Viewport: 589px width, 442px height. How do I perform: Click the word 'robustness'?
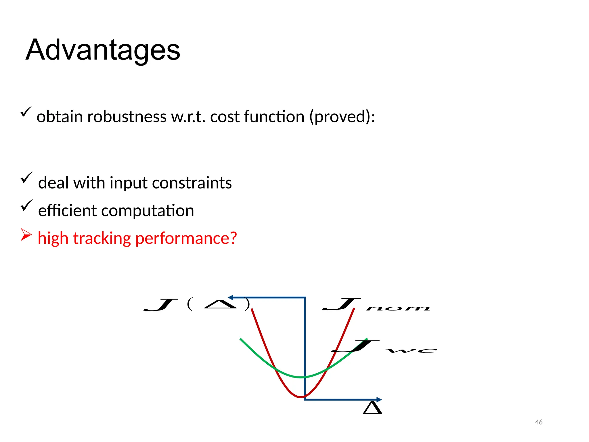tap(127, 117)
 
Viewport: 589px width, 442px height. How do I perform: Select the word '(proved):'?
tap(342, 117)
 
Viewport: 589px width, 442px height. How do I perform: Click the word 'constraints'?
tap(192, 183)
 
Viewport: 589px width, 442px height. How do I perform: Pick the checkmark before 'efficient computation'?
tap(26, 205)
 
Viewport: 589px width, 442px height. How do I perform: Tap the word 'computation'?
tap(148, 211)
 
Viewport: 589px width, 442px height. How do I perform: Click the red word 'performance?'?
tap(186, 238)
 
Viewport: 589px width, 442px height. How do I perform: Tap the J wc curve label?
tap(384, 347)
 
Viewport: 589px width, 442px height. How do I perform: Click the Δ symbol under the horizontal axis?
tap(372, 408)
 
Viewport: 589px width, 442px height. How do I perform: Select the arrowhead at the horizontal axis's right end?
tap(379, 399)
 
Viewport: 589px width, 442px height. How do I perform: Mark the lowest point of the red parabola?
tap(301, 397)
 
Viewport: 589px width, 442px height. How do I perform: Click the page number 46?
tap(539, 422)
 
